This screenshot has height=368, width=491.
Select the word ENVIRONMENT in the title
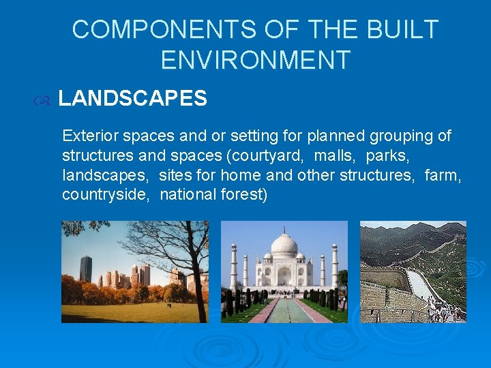click(255, 60)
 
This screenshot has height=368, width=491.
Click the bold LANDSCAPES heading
click(132, 99)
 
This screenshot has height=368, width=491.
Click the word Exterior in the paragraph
click(88, 136)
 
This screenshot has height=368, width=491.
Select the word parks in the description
click(387, 155)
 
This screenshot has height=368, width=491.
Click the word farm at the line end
click(443, 175)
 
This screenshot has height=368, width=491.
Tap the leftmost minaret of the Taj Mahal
click(233, 266)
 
